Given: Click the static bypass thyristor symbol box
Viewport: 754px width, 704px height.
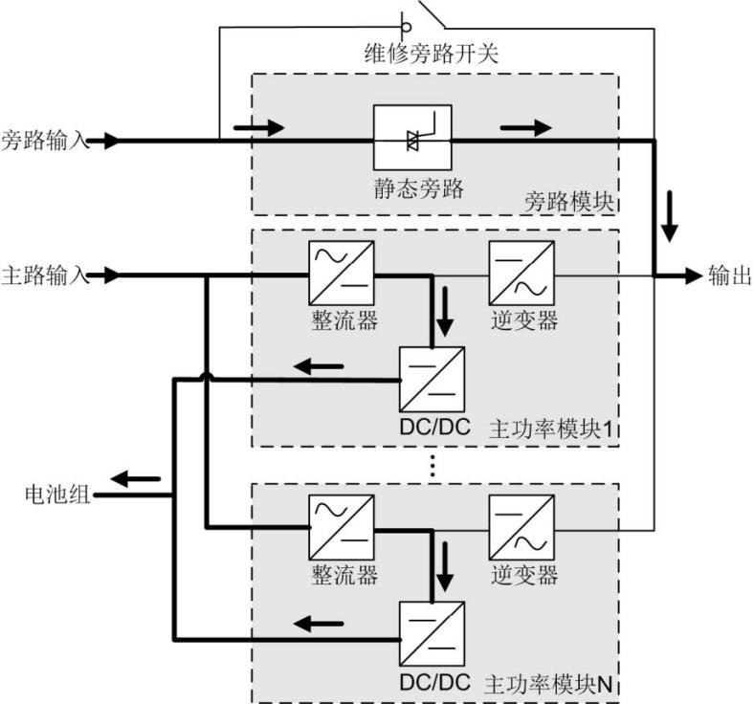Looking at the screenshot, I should click(411, 140).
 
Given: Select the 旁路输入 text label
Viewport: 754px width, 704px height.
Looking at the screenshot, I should click(44, 141).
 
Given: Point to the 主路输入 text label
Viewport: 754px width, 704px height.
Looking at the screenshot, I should click(44, 275).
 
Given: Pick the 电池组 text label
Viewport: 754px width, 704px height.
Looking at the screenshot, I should click(57, 495).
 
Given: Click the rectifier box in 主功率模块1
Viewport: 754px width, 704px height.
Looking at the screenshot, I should click(341, 275).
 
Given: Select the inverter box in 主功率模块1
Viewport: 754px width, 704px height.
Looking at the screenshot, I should click(521, 275).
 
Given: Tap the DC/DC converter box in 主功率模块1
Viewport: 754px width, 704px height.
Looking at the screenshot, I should click(432, 380).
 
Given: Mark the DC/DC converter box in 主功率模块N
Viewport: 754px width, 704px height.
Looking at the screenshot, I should click(432, 634).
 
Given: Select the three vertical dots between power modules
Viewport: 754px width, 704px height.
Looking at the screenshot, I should click(432, 465).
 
